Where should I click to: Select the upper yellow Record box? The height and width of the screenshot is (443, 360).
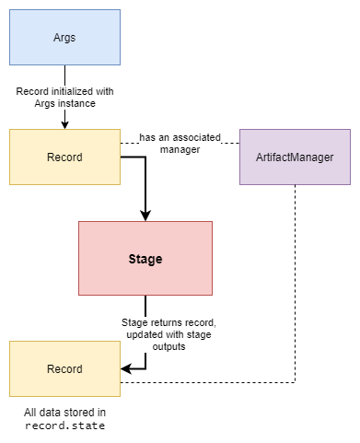pyautogui.click(x=64, y=157)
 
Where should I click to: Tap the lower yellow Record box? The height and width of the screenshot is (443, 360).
pyautogui.click(x=64, y=368)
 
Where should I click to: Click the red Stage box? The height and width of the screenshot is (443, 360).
pyautogui.click(x=145, y=259)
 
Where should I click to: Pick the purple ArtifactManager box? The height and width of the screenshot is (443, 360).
pyautogui.click(x=295, y=157)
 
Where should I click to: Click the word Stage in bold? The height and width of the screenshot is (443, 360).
pyautogui.click(x=145, y=259)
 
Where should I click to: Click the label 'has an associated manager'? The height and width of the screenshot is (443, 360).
pyautogui.click(x=180, y=144)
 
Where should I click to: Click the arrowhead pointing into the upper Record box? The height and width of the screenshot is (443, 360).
pyautogui.click(x=64, y=124)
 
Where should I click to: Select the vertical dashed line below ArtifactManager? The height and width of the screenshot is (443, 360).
pyautogui.click(x=295, y=276)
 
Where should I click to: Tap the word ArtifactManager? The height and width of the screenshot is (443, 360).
pyautogui.click(x=295, y=157)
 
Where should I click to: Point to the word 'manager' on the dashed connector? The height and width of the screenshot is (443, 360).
pyautogui.click(x=180, y=150)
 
